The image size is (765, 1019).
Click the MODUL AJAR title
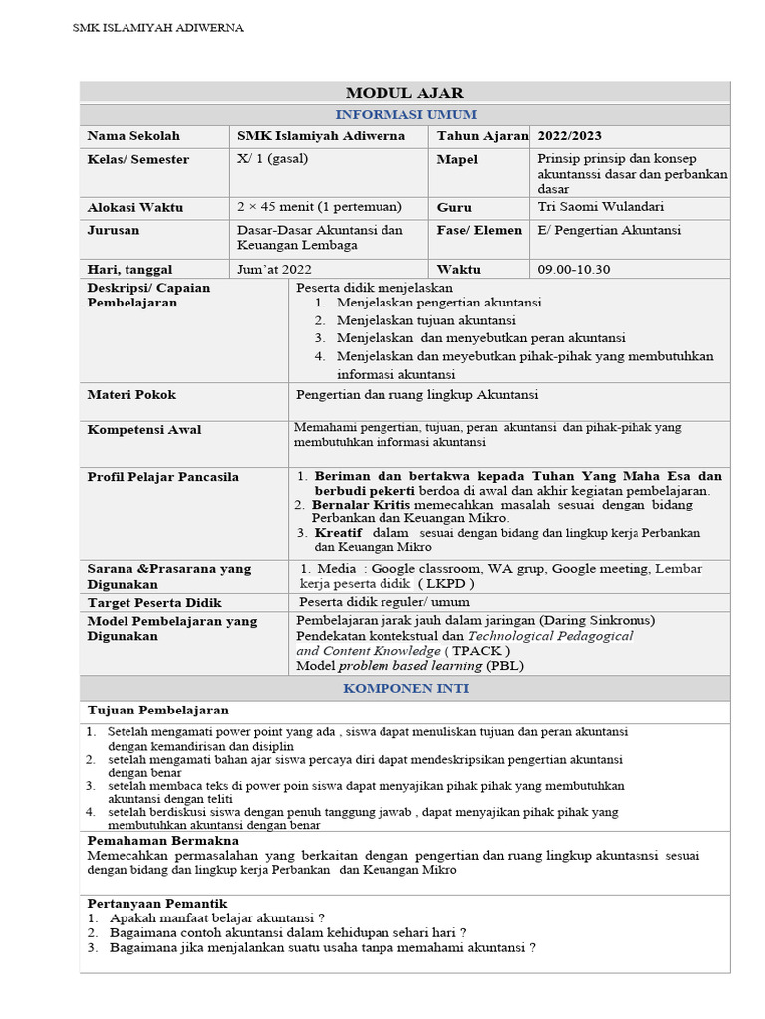pyautogui.click(x=403, y=93)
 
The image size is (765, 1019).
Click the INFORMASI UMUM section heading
pyautogui.click(x=403, y=114)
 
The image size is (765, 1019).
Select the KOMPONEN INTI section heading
pyautogui.click(x=405, y=688)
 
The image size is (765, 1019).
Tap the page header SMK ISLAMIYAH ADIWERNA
pyautogui.click(x=158, y=28)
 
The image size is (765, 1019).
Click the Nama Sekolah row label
pyautogui.click(x=133, y=136)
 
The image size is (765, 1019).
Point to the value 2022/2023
pyautogui.click(x=570, y=136)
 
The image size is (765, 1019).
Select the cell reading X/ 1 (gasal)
pyautogui.click(x=269, y=159)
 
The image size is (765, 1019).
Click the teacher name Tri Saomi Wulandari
pyautogui.click(x=601, y=207)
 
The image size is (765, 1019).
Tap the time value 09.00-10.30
pyautogui.click(x=574, y=269)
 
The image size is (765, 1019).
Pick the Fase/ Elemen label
pyautogui.click(x=479, y=230)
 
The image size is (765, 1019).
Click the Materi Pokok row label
pyautogui.click(x=131, y=394)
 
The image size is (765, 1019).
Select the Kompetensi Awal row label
pyautogui.click(x=144, y=429)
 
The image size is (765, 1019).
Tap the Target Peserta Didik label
pyautogui.click(x=154, y=602)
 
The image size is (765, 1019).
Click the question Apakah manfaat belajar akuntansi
pyautogui.click(x=217, y=917)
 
